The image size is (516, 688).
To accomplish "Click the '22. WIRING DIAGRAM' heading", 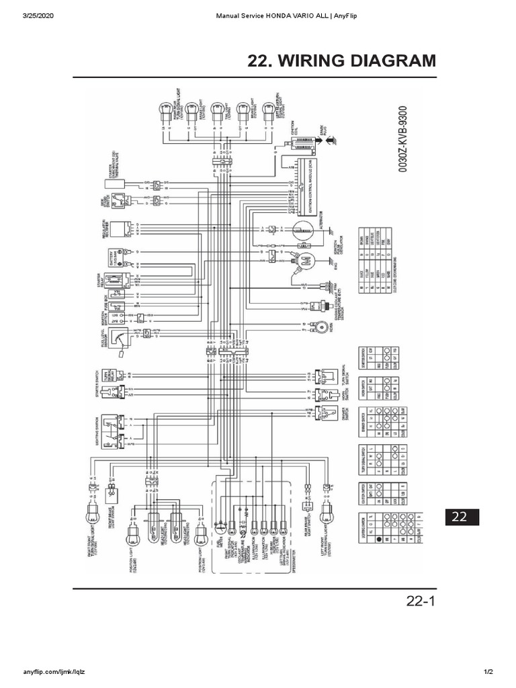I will (342, 61).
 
